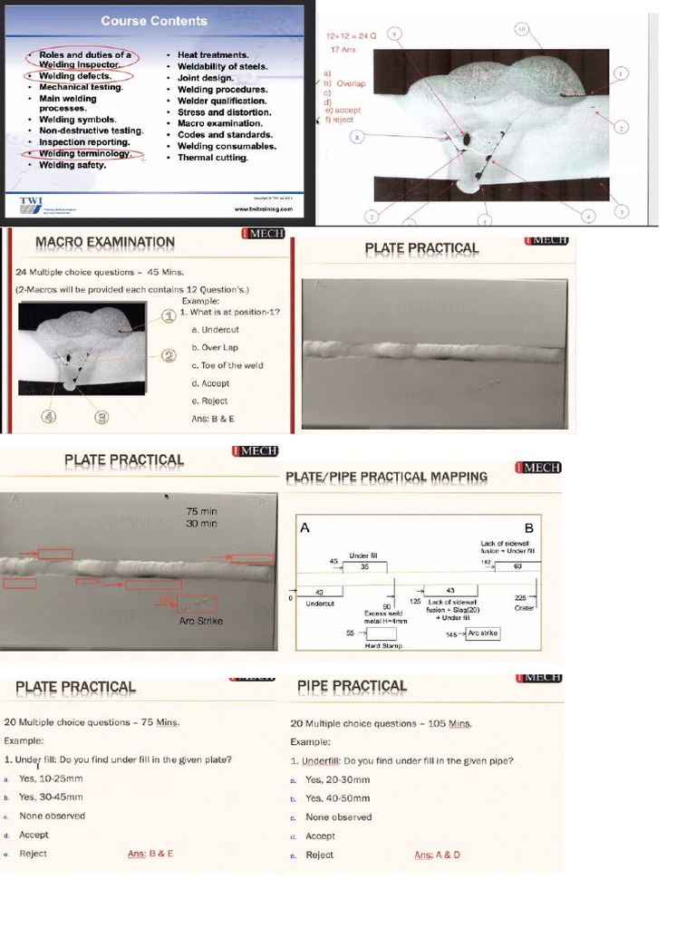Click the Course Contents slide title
point(153,20)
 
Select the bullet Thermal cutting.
point(213,158)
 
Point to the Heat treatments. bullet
point(213,55)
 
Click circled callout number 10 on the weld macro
point(522,29)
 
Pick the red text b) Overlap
point(348,83)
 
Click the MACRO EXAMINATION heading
point(104,242)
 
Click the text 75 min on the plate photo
point(201,511)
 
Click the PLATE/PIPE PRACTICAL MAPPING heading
point(386,477)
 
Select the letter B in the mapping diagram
point(528,528)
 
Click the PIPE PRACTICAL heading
point(352,687)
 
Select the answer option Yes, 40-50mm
point(337,798)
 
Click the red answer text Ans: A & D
point(437,855)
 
